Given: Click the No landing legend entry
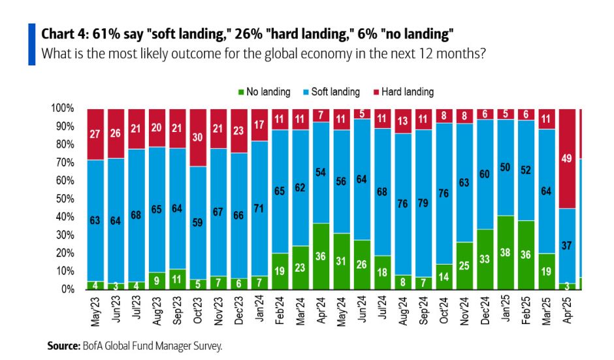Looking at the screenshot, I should click(263, 92).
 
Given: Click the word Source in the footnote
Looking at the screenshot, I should click(63, 346).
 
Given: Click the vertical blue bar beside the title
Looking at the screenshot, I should click(31, 44).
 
